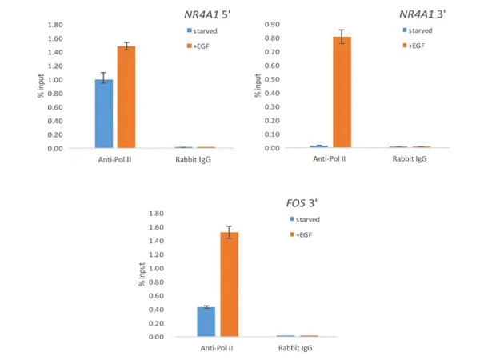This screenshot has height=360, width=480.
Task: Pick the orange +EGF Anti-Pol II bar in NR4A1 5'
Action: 126,97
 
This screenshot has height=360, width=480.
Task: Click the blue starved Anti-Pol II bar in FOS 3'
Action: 206,322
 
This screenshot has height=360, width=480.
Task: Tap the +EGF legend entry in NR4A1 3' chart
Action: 423,46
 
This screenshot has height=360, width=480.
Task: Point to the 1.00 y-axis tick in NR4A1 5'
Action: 55,80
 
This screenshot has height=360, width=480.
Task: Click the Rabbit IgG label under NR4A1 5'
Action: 194,161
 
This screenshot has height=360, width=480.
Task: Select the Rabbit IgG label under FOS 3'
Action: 297,349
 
